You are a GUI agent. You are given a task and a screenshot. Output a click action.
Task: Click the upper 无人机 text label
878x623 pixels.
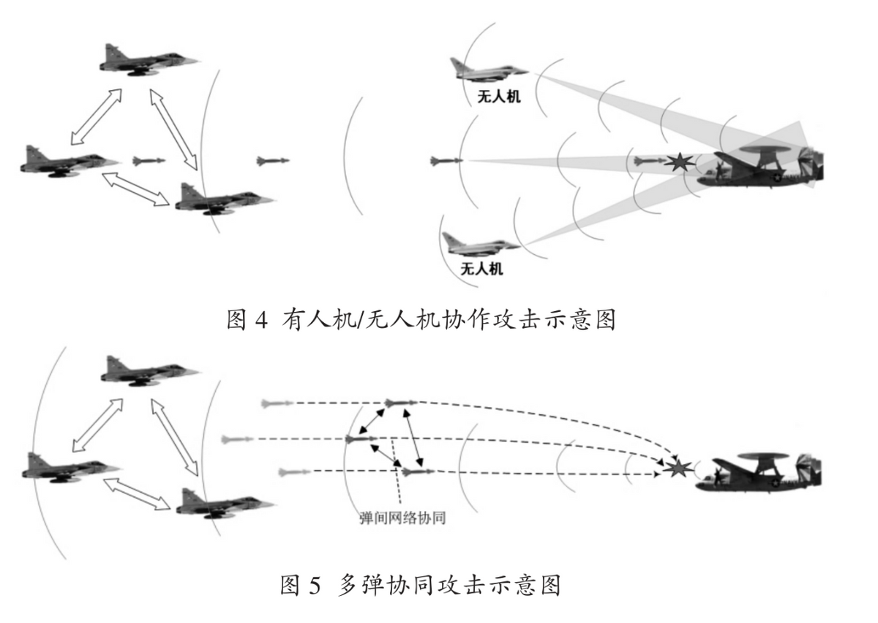(500, 96)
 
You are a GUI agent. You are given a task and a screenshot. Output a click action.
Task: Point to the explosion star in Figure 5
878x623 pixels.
(678, 466)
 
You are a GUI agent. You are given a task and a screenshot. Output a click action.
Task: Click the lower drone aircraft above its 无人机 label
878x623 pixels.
(481, 242)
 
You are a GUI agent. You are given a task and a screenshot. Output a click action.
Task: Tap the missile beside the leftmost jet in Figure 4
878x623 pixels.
(149, 160)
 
